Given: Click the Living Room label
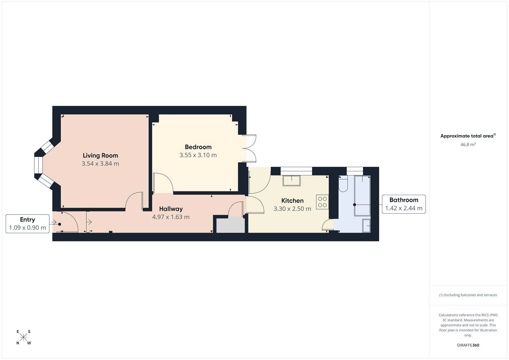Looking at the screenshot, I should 100,155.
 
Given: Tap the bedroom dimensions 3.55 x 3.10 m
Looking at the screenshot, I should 198,155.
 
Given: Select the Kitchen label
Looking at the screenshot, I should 292,201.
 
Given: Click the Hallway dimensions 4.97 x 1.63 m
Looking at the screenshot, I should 171,217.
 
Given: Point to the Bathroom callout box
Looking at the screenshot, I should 404,204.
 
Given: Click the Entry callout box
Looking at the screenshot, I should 27,223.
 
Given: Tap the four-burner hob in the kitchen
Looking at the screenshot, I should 322,202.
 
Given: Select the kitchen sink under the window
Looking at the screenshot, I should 292,180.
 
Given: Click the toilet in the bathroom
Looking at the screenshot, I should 343,185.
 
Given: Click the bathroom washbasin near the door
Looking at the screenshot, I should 366,226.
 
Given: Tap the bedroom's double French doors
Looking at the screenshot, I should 251,148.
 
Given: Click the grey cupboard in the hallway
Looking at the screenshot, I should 231,225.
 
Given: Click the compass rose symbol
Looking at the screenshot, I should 24,337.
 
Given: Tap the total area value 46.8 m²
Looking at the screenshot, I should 468,145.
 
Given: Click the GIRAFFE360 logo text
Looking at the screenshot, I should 468,345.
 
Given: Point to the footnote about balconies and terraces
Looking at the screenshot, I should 468,295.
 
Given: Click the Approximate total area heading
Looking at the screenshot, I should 467,136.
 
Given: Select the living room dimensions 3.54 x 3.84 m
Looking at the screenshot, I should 100,164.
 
